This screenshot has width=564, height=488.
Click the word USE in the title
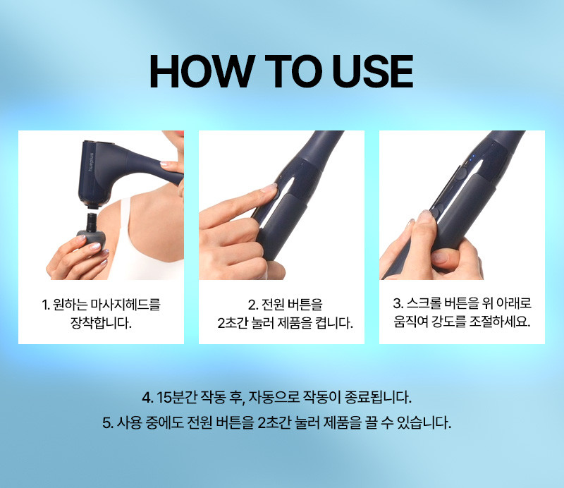pyautogui.click(x=373, y=71)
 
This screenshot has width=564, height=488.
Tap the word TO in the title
pyautogui.click(x=293, y=71)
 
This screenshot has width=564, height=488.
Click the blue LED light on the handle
pyautogui.click(x=473, y=157)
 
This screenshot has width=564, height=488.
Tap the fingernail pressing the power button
pyautogui.click(x=269, y=188)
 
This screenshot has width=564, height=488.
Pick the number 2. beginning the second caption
pyautogui.click(x=253, y=305)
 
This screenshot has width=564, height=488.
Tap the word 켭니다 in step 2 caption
pyautogui.click(x=333, y=323)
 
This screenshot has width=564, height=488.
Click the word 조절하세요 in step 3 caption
pyautogui.click(x=500, y=321)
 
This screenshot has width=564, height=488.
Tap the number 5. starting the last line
pyautogui.click(x=108, y=422)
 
